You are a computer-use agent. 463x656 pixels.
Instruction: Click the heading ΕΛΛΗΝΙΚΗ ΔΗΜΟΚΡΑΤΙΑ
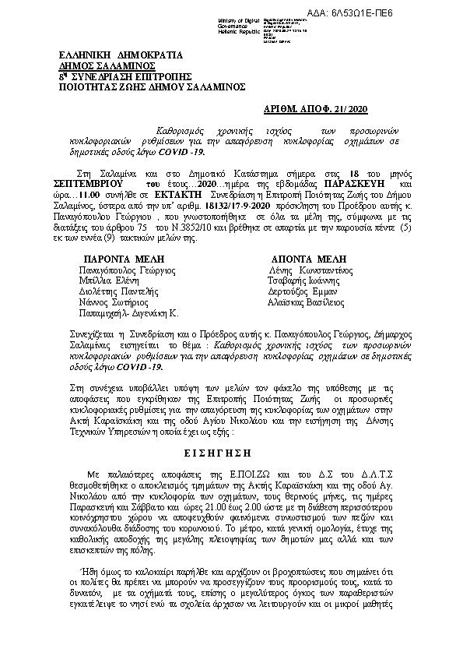pos(121,55)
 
